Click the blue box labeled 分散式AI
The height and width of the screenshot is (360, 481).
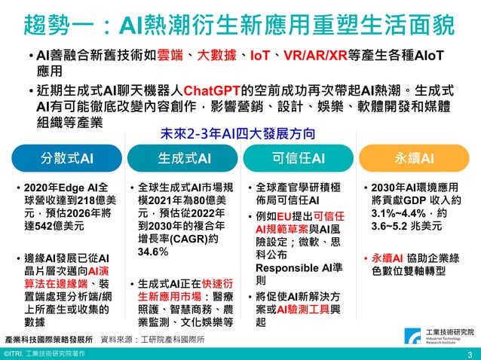(67, 159)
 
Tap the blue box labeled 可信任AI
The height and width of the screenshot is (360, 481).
(298, 159)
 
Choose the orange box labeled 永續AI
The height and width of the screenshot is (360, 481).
(414, 159)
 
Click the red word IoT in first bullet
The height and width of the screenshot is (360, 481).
(261, 55)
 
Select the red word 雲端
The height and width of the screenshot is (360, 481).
(172, 55)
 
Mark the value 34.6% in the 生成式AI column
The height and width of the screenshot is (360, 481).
(153, 252)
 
